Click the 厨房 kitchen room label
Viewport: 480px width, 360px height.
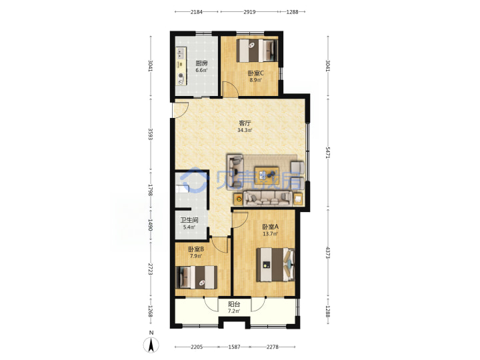pos(201,63)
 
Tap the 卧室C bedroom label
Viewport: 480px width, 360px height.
pos(255,73)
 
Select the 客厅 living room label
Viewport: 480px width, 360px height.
pos(245,123)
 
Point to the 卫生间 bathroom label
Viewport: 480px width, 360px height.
pos(189,220)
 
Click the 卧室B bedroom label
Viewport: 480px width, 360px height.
pos(196,249)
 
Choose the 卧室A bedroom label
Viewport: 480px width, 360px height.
pos(270,227)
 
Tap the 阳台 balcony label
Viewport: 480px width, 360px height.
pos(234,304)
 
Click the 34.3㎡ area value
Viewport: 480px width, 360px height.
pos(245,131)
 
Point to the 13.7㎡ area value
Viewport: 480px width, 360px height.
pos(270,234)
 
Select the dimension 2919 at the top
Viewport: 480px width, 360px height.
pos(249,12)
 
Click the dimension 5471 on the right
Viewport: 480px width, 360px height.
pos(328,153)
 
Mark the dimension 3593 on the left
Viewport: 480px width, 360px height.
pos(150,135)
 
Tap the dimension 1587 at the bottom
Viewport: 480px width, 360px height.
pos(234,347)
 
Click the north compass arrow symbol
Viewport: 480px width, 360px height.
pos(151,345)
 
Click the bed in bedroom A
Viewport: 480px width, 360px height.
pos(275,265)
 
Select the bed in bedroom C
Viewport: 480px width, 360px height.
pos(257,51)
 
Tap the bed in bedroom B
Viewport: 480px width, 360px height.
pos(197,277)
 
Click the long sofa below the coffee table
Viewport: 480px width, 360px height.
pos(267,199)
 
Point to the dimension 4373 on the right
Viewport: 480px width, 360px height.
pos(328,253)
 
